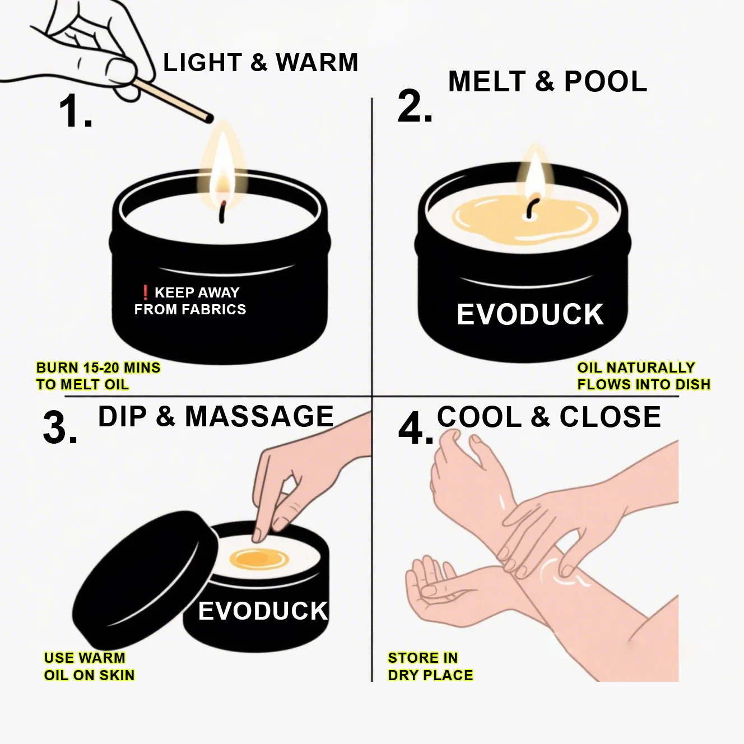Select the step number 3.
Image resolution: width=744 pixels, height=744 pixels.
point(61,428)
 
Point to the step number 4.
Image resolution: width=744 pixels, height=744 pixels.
point(416,429)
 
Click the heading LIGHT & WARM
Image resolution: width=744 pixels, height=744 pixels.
point(261,63)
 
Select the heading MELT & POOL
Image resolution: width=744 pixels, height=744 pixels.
point(547,81)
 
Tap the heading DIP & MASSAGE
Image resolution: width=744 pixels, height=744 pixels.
point(216,416)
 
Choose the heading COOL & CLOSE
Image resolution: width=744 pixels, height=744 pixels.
point(548,417)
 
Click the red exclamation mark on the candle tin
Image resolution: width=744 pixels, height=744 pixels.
point(145,292)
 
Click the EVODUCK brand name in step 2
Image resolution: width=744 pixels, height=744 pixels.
point(530,314)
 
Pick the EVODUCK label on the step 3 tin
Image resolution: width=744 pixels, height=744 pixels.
point(263,611)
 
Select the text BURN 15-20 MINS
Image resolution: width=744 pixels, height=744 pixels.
point(98,368)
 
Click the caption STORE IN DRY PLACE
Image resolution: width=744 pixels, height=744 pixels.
point(430,666)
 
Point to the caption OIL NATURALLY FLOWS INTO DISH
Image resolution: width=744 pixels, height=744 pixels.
point(644,376)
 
